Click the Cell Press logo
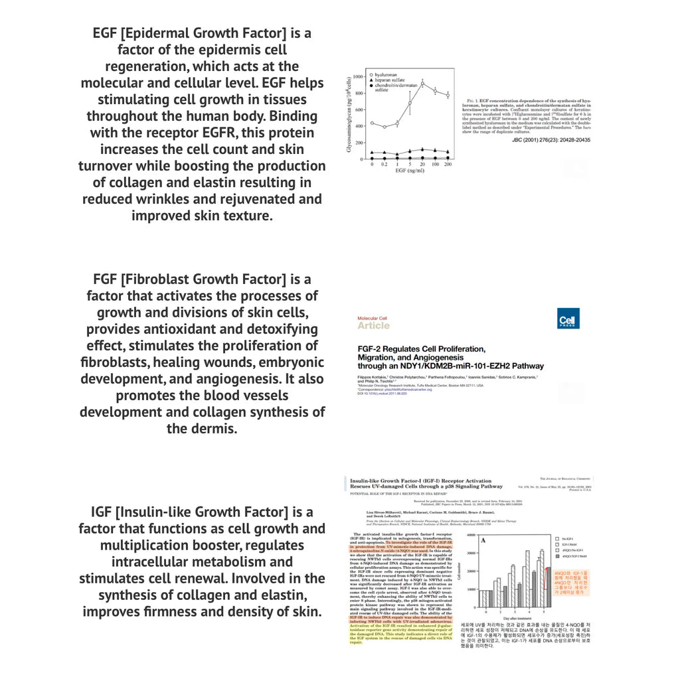click(x=569, y=322)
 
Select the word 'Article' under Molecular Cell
click(x=373, y=325)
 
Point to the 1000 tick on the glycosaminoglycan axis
click(x=358, y=76)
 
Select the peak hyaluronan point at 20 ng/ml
click(x=422, y=83)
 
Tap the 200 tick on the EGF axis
click(x=448, y=163)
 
